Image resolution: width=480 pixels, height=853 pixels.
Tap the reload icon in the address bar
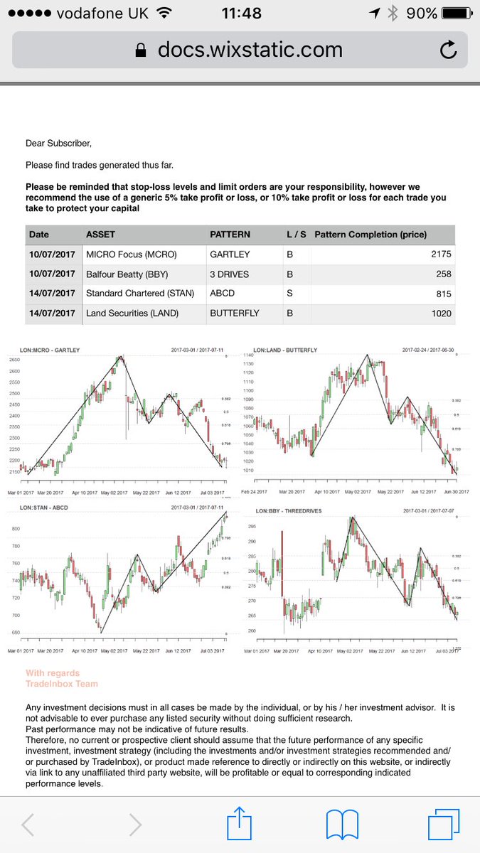pyautogui.click(x=448, y=50)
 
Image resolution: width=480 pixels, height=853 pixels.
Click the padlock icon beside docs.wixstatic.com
pyautogui.click(x=141, y=50)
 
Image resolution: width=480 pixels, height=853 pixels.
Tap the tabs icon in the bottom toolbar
pyautogui.click(x=448, y=825)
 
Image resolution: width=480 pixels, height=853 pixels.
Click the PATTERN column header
pyautogui.click(x=230, y=235)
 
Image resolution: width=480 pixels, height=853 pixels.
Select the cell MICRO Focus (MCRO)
pyautogui.click(x=132, y=254)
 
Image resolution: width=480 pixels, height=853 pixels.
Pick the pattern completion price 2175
pyautogui.click(x=440, y=254)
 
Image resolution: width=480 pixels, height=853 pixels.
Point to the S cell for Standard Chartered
pyautogui.click(x=289, y=294)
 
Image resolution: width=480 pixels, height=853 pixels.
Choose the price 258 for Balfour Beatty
pyautogui.click(x=443, y=274)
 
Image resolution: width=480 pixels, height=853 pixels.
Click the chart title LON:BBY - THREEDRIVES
pyautogui.click(x=284, y=510)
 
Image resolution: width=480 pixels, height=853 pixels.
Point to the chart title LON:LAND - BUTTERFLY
pyautogui.click(x=285, y=350)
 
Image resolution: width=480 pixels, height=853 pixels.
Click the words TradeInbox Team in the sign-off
pyautogui.click(x=62, y=684)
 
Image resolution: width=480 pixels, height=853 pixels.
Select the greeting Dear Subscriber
pyautogui.click(x=58, y=143)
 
